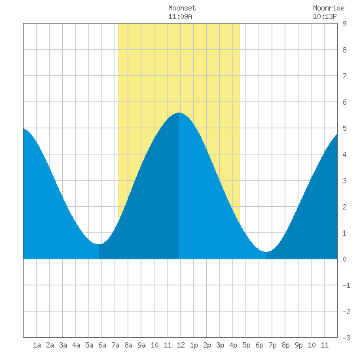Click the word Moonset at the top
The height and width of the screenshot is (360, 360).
(x=182, y=8)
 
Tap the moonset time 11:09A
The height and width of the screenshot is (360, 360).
(x=180, y=16)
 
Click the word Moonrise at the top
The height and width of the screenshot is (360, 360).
(x=329, y=8)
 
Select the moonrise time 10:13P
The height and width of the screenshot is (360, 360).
(x=325, y=16)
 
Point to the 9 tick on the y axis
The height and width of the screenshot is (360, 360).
(x=344, y=24)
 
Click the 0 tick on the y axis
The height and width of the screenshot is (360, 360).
(x=344, y=259)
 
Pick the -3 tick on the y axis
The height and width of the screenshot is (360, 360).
(x=346, y=338)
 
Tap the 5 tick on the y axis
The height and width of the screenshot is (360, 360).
(x=344, y=128)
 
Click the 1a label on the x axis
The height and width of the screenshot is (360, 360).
(x=37, y=345)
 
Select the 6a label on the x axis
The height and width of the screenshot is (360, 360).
(x=102, y=345)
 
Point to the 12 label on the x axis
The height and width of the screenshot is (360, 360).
(x=181, y=345)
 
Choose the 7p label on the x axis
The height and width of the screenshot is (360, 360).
(x=272, y=345)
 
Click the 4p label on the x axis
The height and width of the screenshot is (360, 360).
(x=233, y=345)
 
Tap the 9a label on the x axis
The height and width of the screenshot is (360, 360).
(x=141, y=345)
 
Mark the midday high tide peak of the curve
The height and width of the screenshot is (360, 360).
(x=179, y=113)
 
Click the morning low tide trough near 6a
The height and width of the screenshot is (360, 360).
(x=99, y=244)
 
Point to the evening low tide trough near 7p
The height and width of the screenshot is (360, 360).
(x=266, y=252)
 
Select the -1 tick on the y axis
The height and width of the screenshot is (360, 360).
(x=346, y=285)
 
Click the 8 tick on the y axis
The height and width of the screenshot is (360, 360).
(x=344, y=50)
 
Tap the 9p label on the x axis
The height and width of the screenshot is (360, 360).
(x=298, y=345)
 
